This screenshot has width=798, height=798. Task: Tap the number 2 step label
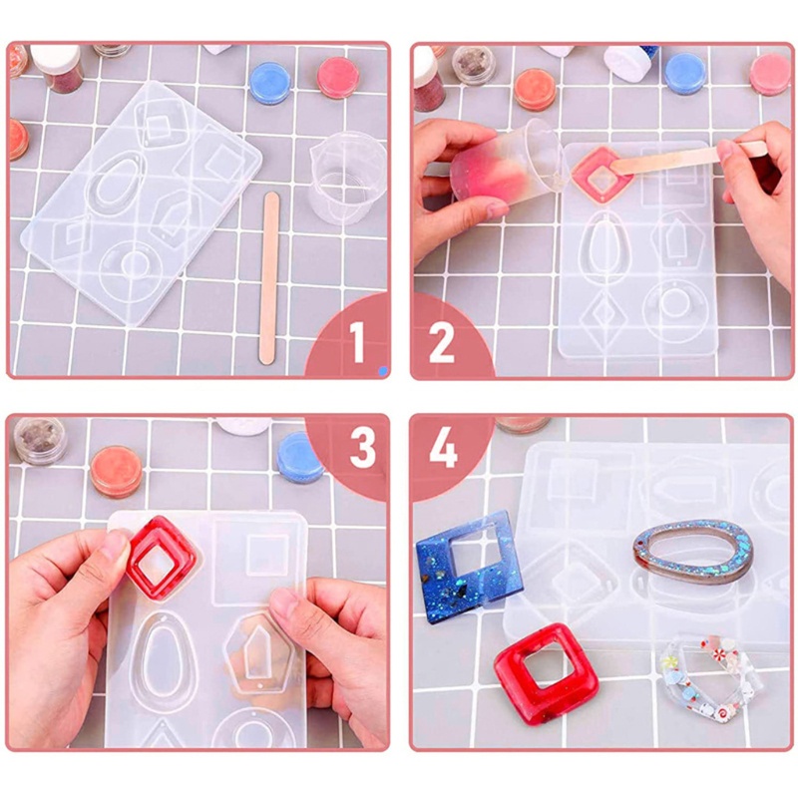tap(441, 343)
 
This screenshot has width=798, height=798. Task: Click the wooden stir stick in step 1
tap(268, 277)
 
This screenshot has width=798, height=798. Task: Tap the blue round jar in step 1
tap(269, 83)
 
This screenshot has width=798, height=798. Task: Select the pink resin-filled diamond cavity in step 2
tap(602, 176)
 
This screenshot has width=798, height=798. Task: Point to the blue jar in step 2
tap(684, 73)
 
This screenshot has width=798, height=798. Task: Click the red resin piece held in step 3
tap(162, 559)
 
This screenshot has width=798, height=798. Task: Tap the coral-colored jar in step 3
tap(117, 471)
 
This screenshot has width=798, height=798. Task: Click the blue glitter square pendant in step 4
tap(469, 566)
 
